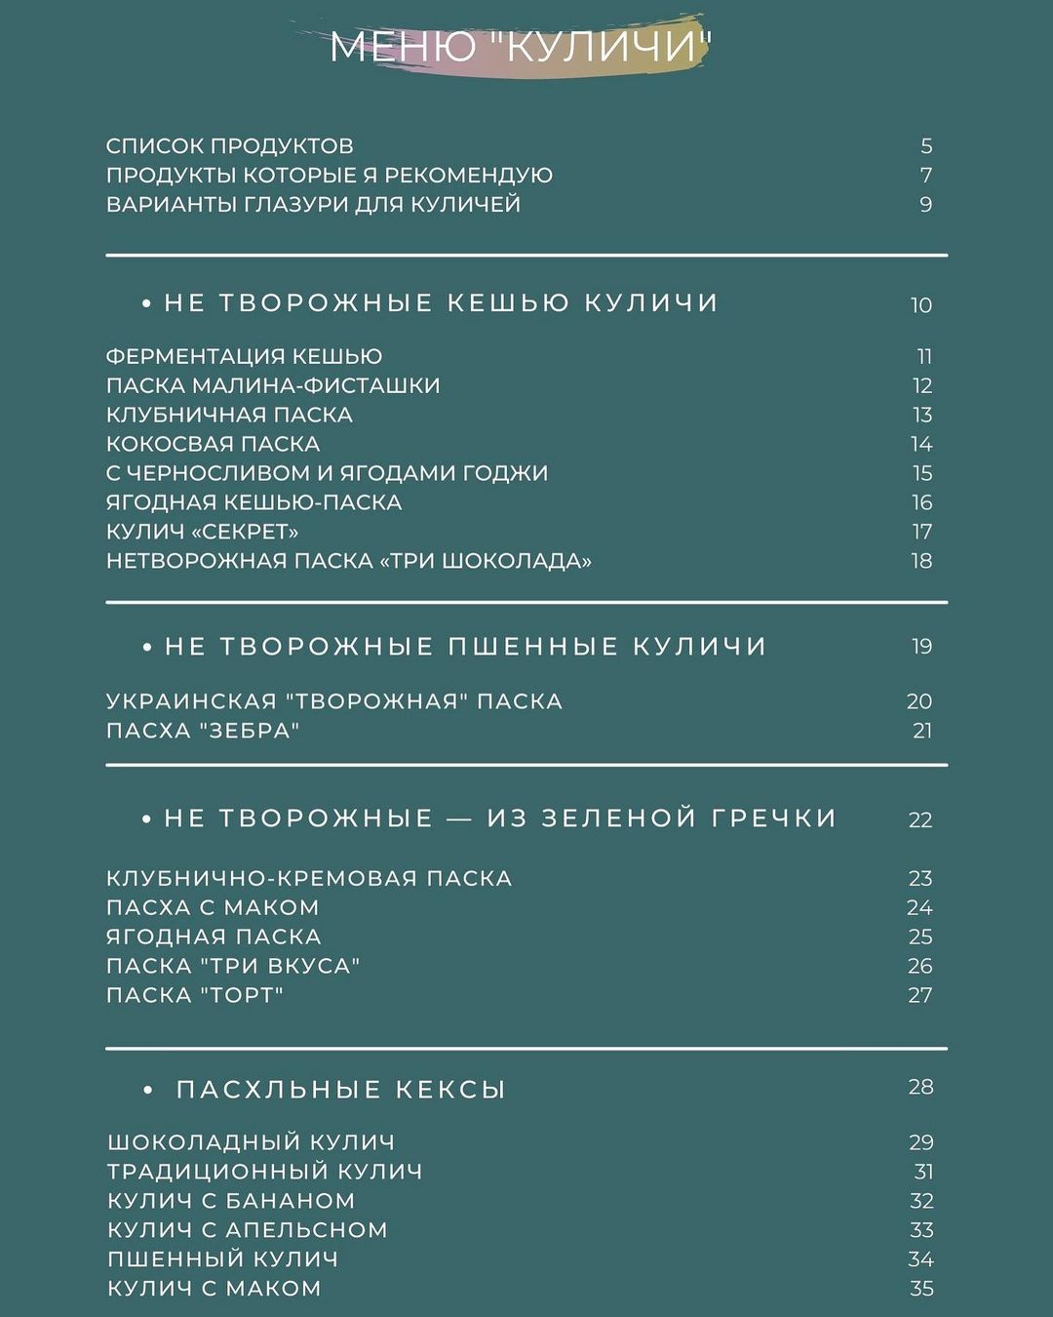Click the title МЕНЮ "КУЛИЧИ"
521,47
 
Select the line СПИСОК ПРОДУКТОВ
229,146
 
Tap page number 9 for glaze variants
925,205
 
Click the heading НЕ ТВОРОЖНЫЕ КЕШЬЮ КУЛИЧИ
441,303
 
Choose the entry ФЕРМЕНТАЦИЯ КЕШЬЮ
244,357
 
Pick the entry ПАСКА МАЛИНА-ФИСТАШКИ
273,386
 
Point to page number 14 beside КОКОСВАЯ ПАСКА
921,445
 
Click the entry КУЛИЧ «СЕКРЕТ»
202,533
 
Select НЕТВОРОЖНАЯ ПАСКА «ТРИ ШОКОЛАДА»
348,562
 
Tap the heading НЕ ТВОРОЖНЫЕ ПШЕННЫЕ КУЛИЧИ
465,647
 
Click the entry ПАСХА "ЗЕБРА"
202,731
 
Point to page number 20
918,701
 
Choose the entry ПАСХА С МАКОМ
213,908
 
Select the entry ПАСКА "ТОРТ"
194,996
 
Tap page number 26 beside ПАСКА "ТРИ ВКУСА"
919,967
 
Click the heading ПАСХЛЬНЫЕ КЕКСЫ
340,1090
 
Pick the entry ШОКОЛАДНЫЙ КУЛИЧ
251,1142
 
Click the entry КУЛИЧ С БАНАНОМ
231,1201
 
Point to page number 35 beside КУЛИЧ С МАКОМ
921,1289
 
